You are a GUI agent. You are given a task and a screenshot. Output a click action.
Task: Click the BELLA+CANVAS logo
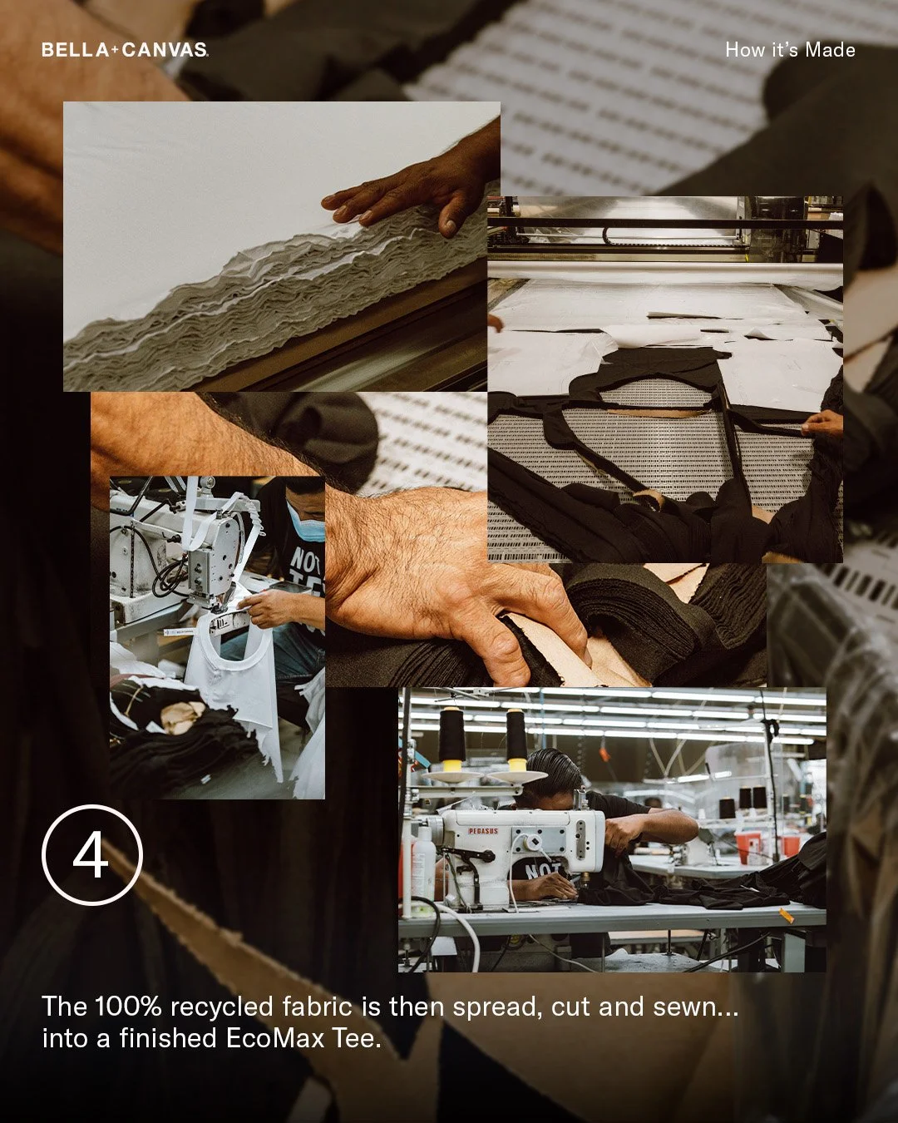125,50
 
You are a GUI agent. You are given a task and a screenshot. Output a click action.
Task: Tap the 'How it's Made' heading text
789,50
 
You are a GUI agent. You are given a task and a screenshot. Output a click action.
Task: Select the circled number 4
91,854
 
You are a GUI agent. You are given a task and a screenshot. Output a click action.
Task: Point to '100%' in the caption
127,1007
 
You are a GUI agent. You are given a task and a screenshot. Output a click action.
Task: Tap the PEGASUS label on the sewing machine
482,830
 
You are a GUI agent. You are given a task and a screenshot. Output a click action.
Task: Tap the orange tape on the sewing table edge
786,916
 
